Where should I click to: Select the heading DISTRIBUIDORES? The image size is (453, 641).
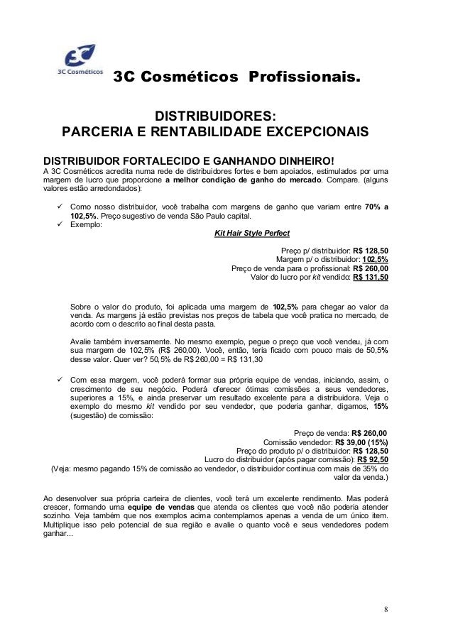(x=216, y=116)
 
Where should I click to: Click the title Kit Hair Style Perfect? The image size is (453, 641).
(x=252, y=234)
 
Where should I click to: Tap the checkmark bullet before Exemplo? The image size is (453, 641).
(x=60, y=225)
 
